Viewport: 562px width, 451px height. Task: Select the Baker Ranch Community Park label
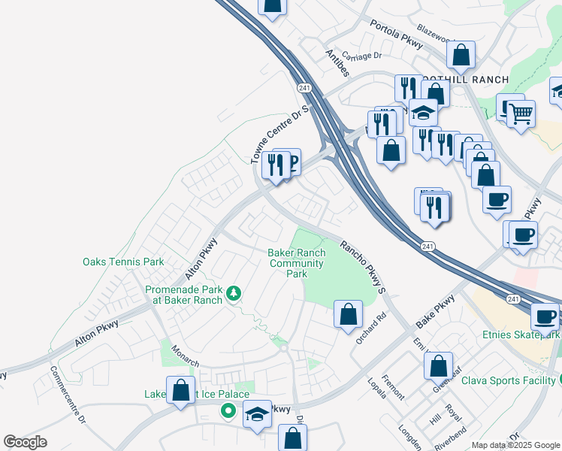click(x=296, y=263)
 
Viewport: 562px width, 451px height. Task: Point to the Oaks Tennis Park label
click(x=123, y=262)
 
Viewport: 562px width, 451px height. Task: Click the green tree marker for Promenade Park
click(x=234, y=292)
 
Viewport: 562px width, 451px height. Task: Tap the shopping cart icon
click(x=521, y=115)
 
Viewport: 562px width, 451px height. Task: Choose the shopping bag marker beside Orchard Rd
click(x=348, y=314)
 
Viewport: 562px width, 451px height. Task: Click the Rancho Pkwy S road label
click(x=363, y=266)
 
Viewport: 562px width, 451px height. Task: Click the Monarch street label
click(x=185, y=356)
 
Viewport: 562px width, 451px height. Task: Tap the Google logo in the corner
click(x=25, y=441)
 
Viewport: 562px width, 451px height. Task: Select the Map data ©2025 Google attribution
click(x=515, y=445)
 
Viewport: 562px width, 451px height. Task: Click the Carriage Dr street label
click(x=361, y=55)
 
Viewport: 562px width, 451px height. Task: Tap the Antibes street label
click(x=337, y=62)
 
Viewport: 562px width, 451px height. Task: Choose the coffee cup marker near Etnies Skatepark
click(x=546, y=316)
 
